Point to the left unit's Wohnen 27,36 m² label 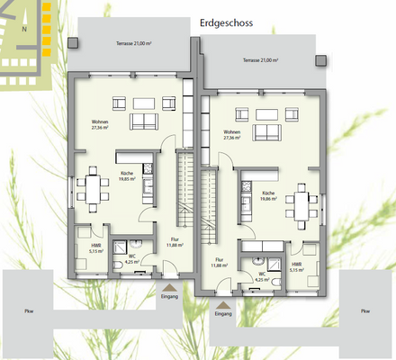(x=99, y=125)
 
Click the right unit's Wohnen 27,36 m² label (x=230, y=135)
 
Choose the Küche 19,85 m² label (x=127, y=176)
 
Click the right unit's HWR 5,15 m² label (x=296, y=266)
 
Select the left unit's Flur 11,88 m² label (x=175, y=241)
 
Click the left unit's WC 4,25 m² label (x=131, y=258)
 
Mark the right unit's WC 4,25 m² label (x=262, y=276)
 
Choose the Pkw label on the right (x=364, y=311)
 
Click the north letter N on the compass (x=26, y=30)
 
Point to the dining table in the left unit (x=94, y=188)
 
